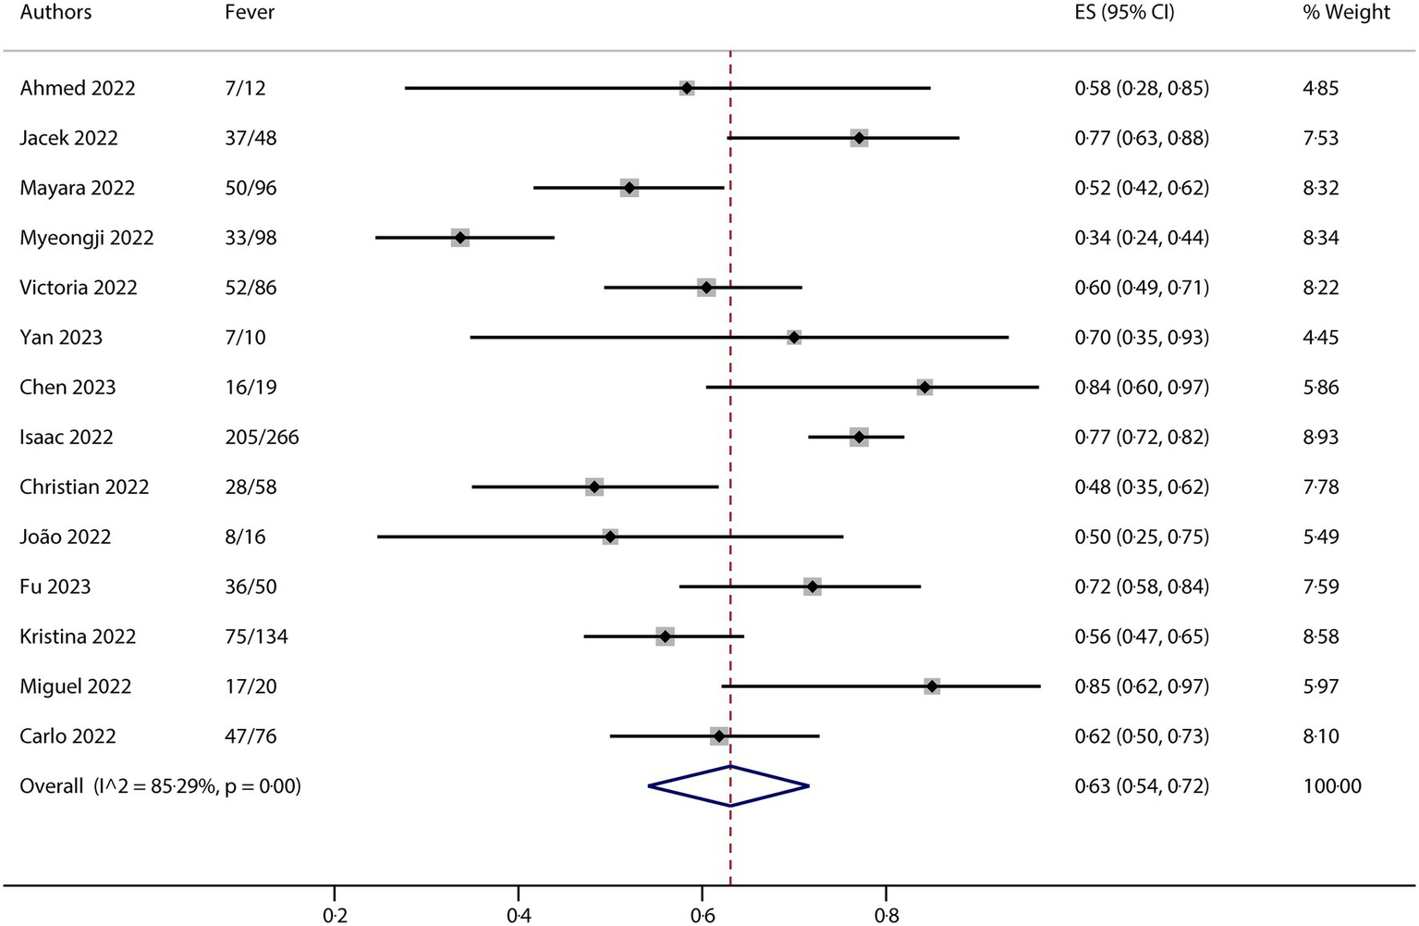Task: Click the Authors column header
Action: (55, 13)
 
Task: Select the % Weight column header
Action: (1346, 13)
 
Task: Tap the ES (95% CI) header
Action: (1124, 13)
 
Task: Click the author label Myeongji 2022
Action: (87, 238)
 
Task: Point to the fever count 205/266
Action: (262, 438)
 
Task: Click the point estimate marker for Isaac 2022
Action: (859, 438)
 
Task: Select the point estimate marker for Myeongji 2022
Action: (460, 238)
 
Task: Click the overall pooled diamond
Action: (729, 786)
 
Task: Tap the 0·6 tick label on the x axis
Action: (703, 916)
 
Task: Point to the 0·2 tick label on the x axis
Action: (335, 916)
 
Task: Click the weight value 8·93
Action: (1320, 438)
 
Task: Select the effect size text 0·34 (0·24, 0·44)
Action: (1141, 238)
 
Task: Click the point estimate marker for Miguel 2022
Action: (932, 686)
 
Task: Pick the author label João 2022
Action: (66, 537)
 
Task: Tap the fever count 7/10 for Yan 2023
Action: (245, 338)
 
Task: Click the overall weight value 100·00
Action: (1331, 786)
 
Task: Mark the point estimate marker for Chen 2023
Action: (924, 388)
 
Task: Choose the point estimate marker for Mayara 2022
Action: (630, 188)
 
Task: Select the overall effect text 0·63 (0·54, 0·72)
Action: (1141, 786)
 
